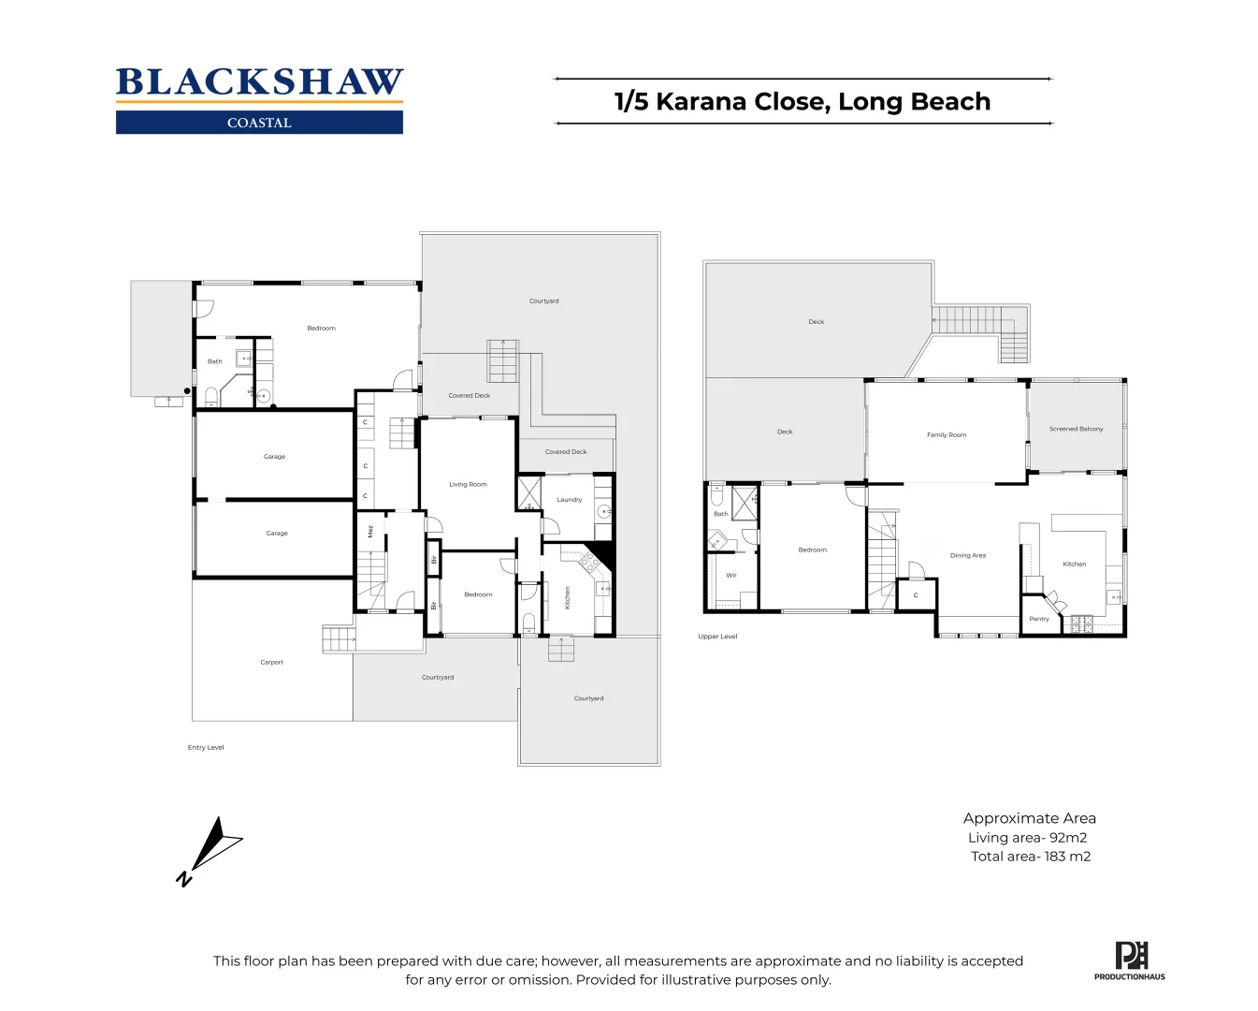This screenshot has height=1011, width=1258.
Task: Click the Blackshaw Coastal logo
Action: (259, 99)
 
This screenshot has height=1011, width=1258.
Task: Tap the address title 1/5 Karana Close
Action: (802, 101)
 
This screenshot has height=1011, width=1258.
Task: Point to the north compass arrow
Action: (210, 850)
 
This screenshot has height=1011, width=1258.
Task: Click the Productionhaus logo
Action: (1130, 960)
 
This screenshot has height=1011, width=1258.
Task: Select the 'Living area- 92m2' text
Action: (1027, 838)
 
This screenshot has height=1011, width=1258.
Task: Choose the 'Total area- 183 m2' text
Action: (1030, 857)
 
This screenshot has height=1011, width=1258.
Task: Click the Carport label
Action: (271, 662)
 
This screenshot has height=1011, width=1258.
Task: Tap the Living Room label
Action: (468, 484)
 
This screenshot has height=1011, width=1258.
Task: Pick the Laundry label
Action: (569, 500)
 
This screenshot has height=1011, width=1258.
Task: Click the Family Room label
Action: (946, 434)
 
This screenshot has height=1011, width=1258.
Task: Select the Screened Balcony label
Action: (1076, 429)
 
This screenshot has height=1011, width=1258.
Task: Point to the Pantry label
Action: (1038, 619)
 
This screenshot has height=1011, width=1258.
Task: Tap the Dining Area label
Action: (967, 555)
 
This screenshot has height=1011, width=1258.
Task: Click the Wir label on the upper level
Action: (730, 575)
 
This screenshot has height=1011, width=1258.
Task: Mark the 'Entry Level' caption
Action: (206, 747)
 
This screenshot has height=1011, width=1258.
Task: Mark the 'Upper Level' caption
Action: (717, 637)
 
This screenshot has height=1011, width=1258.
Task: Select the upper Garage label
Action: (274, 457)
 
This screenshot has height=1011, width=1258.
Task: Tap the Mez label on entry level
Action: (370, 531)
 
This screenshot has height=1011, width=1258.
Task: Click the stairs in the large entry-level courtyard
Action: (502, 360)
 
